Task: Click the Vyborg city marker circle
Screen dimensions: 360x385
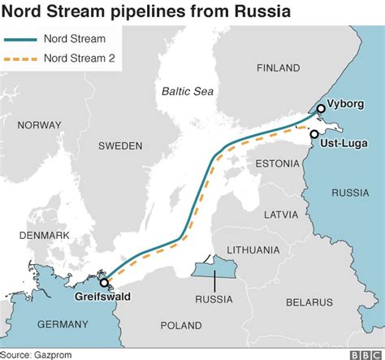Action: click(321, 108)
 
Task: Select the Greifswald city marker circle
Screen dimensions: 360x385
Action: click(104, 283)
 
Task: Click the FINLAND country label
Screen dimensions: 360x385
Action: click(279, 68)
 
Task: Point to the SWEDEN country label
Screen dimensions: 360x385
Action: click(120, 145)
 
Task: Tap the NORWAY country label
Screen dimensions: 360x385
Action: click(39, 125)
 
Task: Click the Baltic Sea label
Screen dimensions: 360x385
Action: click(187, 91)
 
